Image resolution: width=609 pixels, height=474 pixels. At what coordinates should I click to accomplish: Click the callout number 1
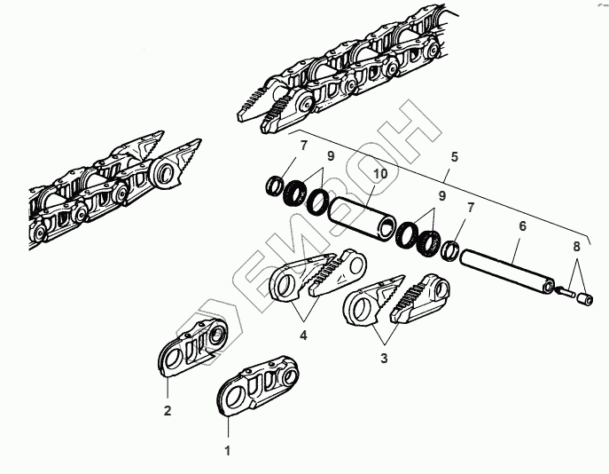point(227,451)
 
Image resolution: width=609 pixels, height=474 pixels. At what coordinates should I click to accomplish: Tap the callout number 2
point(166,410)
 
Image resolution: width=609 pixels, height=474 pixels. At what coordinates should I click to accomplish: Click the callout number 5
point(455,156)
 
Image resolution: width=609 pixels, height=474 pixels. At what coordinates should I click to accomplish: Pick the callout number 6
point(522,227)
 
